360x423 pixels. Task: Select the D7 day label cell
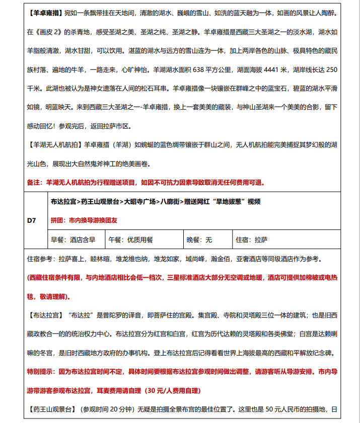(32, 220)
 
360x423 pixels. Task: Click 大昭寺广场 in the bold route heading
(141, 202)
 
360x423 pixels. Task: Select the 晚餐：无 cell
(199, 239)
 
